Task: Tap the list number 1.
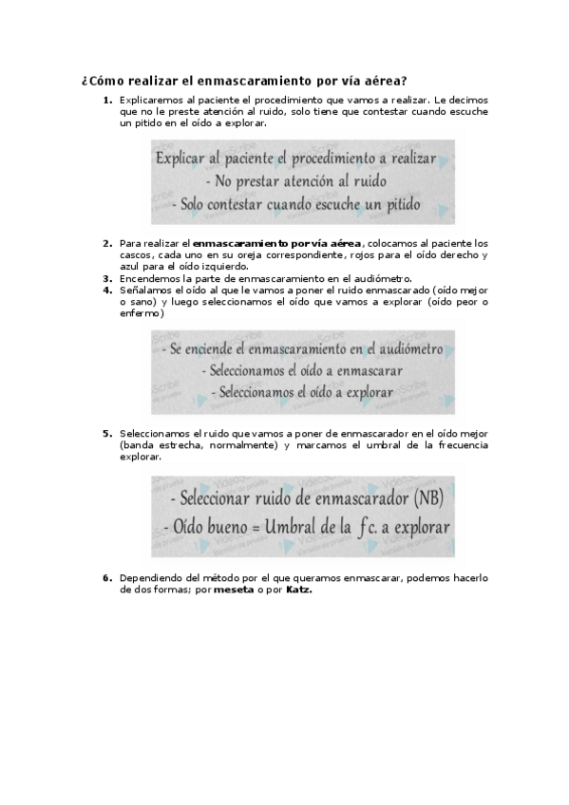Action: point(107,100)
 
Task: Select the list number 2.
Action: point(107,244)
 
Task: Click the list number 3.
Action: point(107,279)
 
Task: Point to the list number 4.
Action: point(107,290)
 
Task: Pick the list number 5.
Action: point(107,434)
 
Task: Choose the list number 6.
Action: point(107,577)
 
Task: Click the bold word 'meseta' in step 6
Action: point(234,589)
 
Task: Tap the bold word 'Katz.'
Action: point(298,589)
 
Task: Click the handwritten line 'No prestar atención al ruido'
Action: point(302,179)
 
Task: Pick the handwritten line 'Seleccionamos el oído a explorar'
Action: point(302,391)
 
